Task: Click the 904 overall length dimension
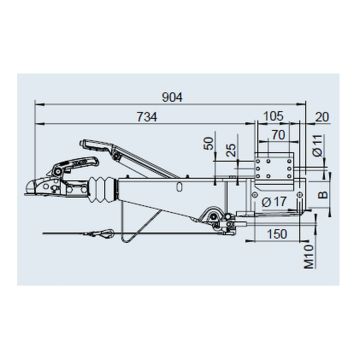tap(172, 97)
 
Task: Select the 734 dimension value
tap(147, 117)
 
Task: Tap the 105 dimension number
tap(273, 117)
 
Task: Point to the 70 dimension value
tap(278, 135)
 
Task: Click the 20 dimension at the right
tap(322, 117)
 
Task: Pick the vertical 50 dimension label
tap(209, 143)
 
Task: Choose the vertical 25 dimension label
tap(231, 150)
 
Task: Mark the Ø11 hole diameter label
tap(318, 146)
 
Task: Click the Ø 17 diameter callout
tap(274, 202)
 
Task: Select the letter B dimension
tap(322, 194)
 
